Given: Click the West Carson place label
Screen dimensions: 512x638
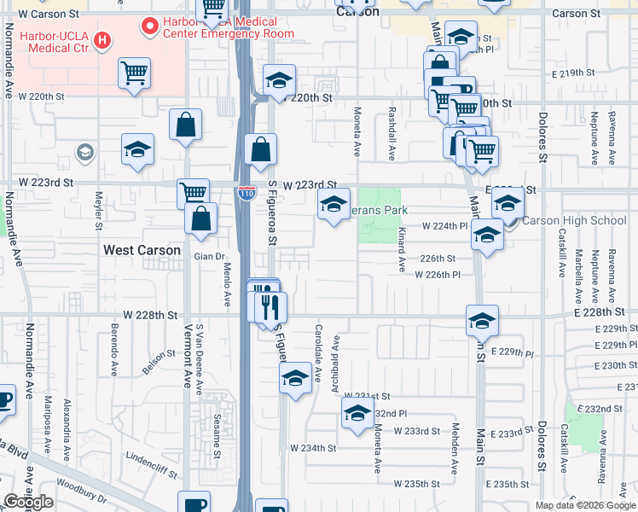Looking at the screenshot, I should coord(142,250).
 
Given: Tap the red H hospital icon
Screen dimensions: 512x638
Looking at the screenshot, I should coord(102,39).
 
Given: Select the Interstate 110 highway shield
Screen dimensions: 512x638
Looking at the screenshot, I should coord(245,194).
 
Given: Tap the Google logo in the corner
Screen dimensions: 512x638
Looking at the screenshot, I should coord(28,502).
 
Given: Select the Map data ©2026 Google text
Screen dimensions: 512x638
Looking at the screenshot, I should coord(584,505).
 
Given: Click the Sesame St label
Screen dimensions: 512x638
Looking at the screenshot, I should coord(217,423).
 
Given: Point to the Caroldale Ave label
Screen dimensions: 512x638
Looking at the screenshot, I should coord(318,352).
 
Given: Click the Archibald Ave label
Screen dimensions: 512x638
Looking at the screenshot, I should coord(336,363).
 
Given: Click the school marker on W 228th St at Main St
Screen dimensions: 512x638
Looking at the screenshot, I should coord(482,321).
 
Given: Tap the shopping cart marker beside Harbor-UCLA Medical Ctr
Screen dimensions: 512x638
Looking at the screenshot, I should coord(134,73).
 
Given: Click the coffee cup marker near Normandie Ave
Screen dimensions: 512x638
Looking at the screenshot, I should coord(4,399).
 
